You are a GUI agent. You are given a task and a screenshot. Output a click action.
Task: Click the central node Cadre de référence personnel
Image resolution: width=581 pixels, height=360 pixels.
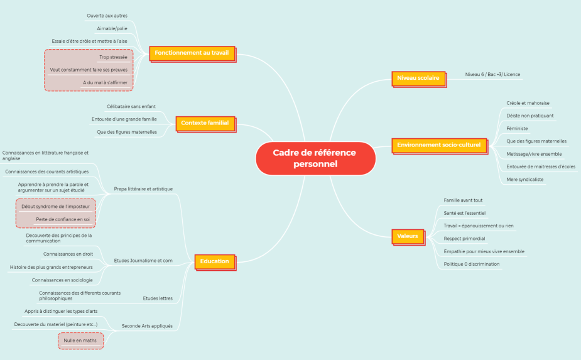[315, 158]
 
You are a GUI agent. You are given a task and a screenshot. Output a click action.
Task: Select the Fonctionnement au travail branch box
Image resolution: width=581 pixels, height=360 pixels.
[192, 53]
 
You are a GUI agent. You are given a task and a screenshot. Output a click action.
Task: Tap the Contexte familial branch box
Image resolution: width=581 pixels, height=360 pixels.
[205, 123]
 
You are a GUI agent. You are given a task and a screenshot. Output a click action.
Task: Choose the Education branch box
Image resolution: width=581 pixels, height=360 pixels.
[215, 261]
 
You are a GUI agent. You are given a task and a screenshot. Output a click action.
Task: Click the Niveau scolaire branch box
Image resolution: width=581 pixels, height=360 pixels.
[418, 78]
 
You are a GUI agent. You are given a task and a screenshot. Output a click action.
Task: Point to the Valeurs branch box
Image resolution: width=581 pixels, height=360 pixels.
[408, 236]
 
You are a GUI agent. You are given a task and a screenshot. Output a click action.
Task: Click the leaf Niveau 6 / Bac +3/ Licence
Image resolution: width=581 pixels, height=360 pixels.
[492, 74]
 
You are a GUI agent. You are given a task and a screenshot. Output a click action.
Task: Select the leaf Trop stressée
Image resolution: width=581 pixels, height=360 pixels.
[113, 57]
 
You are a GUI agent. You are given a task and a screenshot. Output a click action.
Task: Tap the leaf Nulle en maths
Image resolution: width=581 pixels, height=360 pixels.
[80, 340]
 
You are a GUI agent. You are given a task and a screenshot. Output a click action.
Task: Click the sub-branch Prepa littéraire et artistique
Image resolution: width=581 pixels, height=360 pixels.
[143, 188]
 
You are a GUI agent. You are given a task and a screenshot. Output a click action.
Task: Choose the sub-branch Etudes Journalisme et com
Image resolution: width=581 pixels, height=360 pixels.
[143, 260]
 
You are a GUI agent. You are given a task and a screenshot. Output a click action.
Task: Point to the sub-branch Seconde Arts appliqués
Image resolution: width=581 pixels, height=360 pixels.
[147, 326]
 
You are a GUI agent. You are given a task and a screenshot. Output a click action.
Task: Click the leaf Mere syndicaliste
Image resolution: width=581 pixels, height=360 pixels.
[525, 179]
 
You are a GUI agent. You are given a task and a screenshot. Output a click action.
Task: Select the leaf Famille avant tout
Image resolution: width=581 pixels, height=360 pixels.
[463, 200]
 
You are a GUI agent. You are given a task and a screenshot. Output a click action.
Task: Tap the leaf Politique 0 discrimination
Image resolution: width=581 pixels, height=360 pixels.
[472, 264]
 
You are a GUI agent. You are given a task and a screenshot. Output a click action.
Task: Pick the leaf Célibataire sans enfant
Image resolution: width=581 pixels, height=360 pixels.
[131, 106]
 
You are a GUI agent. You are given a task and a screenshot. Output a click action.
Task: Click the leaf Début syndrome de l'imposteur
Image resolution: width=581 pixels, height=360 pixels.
[55, 206]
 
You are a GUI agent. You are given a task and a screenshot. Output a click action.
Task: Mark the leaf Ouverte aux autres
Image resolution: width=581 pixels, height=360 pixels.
[107, 15]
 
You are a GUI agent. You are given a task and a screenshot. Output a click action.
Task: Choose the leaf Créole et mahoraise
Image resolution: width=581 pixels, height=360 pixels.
[528, 103]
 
